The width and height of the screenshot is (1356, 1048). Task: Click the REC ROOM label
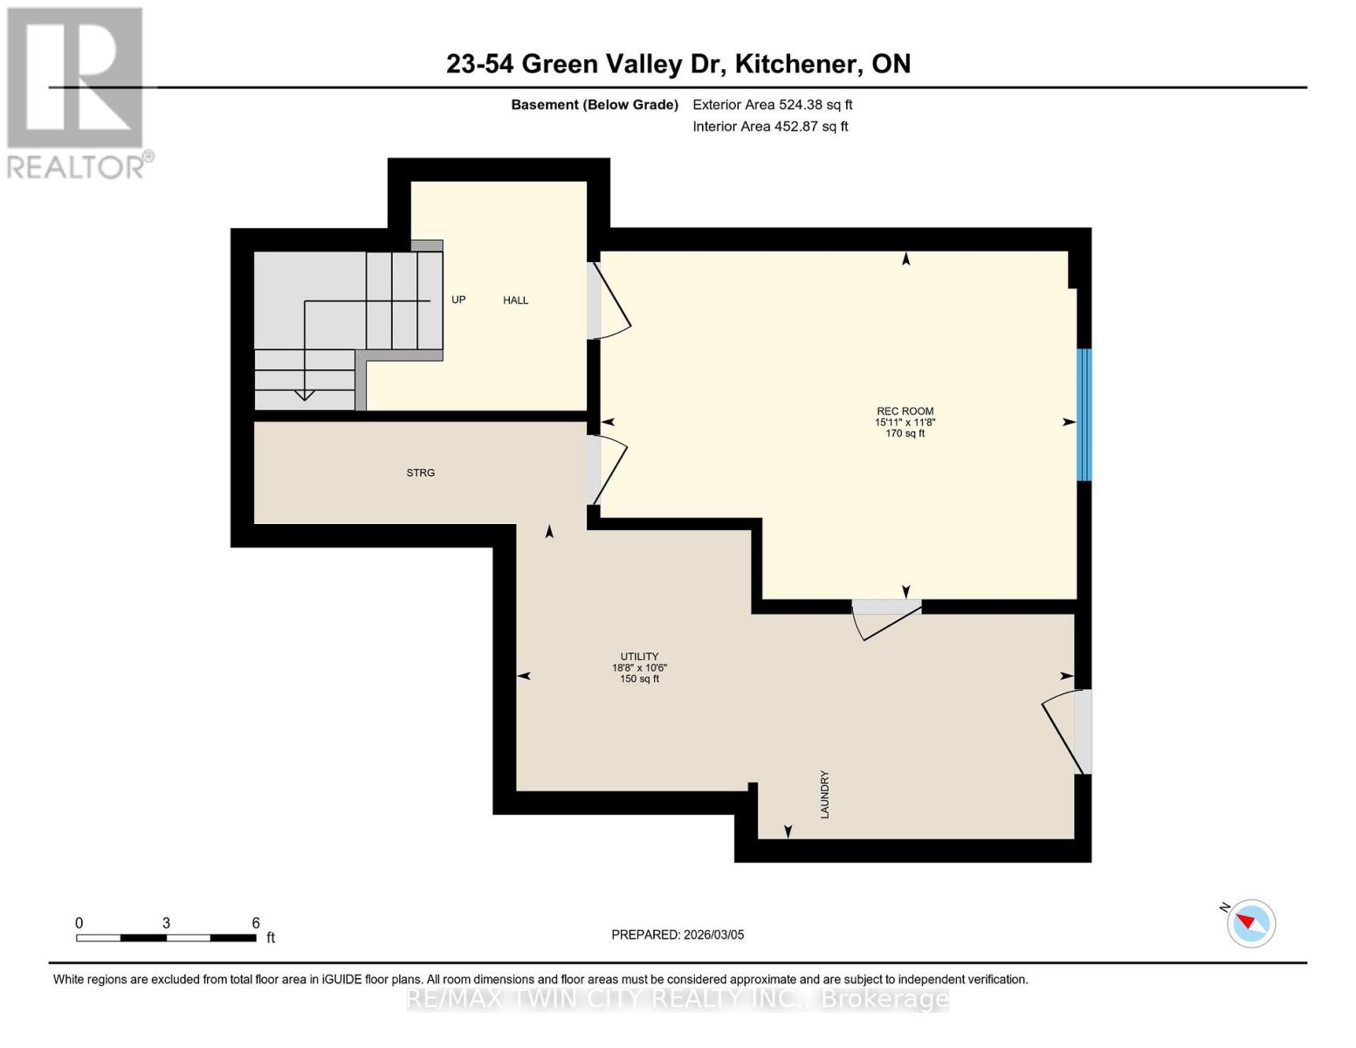[x=905, y=411]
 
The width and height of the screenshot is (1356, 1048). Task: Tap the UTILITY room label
[x=639, y=657]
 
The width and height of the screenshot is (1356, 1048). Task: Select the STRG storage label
[x=420, y=472]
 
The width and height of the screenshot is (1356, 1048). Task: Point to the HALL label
[x=515, y=300]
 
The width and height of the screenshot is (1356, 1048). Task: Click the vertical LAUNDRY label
[x=824, y=794]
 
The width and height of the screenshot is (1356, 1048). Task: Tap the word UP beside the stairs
[x=458, y=300]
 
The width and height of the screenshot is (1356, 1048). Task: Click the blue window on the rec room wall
[x=1084, y=415]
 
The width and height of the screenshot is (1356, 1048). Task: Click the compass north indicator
[x=1250, y=923]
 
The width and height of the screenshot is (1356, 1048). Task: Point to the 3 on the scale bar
[x=166, y=923]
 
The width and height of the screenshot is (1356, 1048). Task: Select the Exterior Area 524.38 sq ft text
[x=772, y=105]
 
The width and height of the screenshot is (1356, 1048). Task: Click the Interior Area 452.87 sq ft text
[x=770, y=127]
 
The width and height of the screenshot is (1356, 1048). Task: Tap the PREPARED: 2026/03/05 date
[x=678, y=934]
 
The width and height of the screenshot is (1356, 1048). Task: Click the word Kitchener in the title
[x=793, y=64]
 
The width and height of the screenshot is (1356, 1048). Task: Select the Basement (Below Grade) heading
[x=594, y=105]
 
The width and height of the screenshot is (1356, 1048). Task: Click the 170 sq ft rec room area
[x=905, y=433]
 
